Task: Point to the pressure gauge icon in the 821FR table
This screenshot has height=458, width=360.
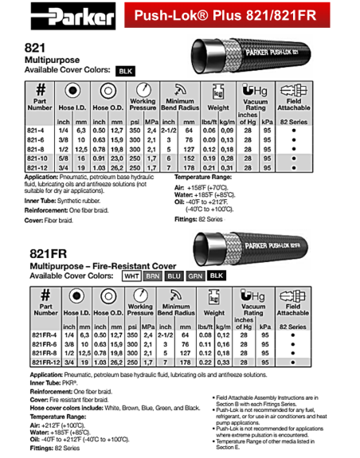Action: tap(140, 296)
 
